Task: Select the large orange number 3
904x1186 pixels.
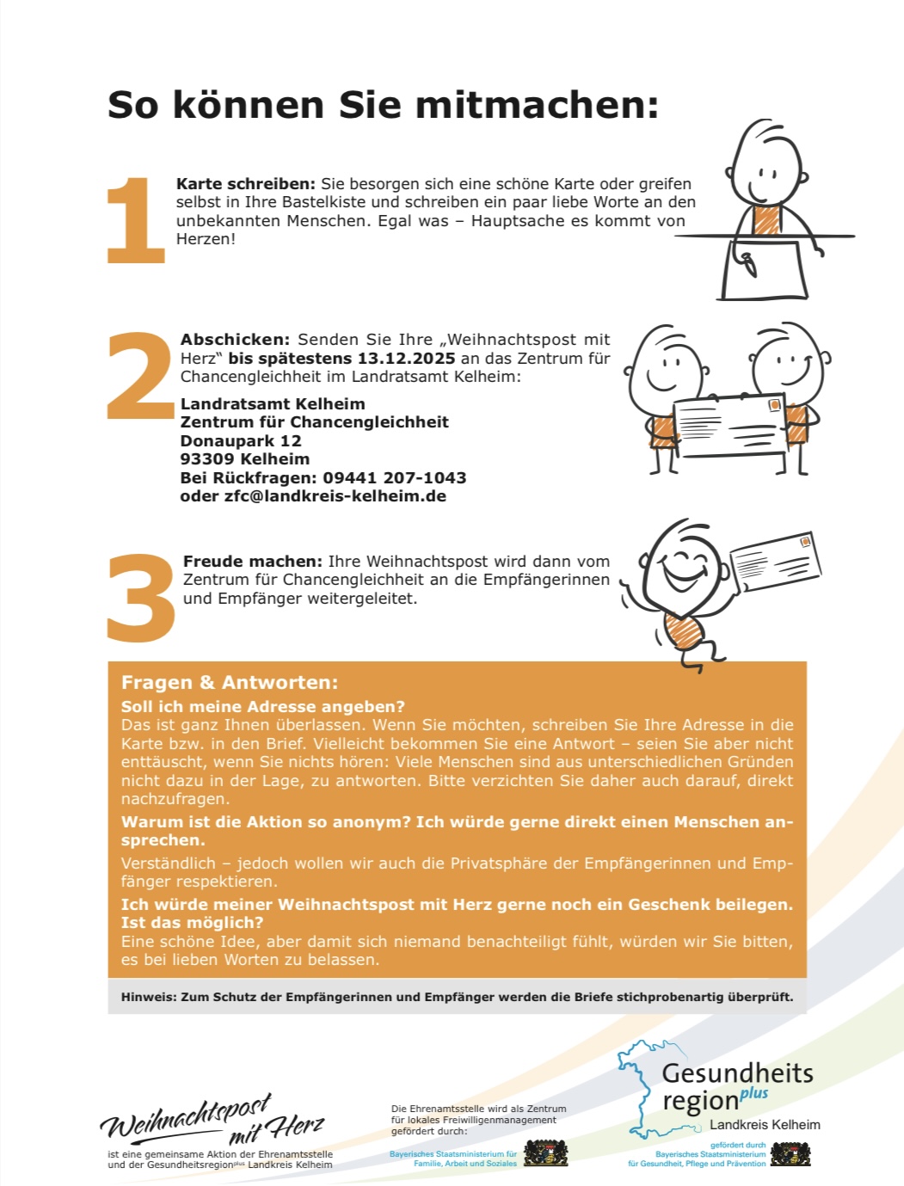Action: (x=141, y=598)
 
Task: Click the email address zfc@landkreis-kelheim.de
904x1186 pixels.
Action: (x=335, y=496)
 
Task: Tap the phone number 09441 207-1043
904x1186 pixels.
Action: (x=395, y=477)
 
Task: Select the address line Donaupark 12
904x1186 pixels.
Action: (x=241, y=441)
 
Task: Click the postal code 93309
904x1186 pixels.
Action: (x=208, y=459)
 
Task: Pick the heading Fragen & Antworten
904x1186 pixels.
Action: (x=230, y=682)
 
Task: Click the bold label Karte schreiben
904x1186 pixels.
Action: (x=246, y=184)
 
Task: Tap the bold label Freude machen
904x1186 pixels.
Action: (x=253, y=562)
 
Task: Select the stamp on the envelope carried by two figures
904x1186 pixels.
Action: (x=774, y=405)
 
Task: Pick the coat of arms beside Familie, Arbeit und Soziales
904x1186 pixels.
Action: (x=546, y=1153)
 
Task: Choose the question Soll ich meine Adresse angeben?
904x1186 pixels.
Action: (x=262, y=707)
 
